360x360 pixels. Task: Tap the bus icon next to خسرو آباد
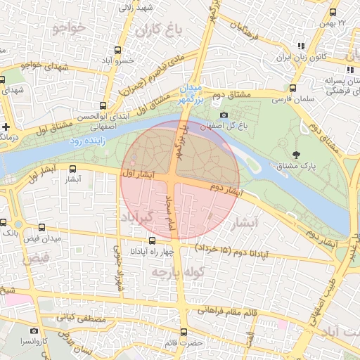[x=117, y=50]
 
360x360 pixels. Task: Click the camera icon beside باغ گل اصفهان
[x=224, y=115]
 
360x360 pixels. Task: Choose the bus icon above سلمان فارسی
[x=292, y=89]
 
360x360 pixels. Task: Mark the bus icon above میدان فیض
[x=42, y=228]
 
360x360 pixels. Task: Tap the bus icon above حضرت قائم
[x=184, y=331]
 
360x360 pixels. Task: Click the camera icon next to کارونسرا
[x=34, y=330]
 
